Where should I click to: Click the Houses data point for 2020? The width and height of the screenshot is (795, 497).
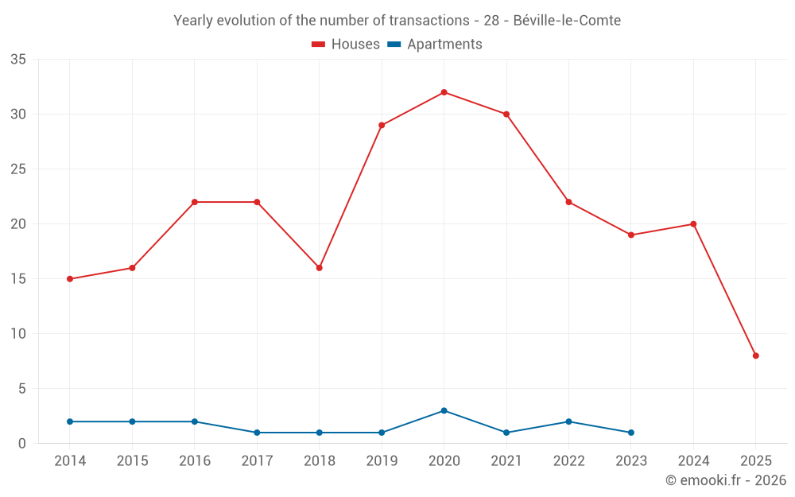coord(444,92)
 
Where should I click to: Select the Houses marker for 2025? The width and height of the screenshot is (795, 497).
coord(755,355)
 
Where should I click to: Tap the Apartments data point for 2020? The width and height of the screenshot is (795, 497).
coord(444,410)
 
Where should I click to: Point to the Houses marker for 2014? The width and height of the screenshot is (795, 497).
coord(70,279)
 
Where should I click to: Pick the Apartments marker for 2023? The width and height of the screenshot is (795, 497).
coord(630,433)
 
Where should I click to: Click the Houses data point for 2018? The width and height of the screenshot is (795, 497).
coord(319,268)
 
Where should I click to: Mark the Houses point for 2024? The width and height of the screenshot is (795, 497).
coord(693,224)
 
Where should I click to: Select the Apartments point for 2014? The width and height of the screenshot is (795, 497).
coord(70,421)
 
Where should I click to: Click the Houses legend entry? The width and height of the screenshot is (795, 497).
coord(346,45)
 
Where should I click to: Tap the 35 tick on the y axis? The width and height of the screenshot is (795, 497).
coord(18,60)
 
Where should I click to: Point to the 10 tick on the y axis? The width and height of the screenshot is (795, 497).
coord(18,334)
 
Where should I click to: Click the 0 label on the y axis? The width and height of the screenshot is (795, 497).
coord(22,444)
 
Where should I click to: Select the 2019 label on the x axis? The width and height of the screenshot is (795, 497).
coord(382,461)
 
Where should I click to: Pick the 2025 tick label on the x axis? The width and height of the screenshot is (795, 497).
coord(755,461)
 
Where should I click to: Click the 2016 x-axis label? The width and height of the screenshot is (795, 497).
coord(195,461)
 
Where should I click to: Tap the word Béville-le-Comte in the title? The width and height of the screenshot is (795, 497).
coord(567,20)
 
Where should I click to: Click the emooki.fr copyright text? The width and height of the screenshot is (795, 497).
coord(726,480)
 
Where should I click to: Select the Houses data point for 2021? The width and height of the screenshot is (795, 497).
coord(506,115)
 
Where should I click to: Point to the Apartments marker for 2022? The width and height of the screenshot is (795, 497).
coord(568,421)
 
